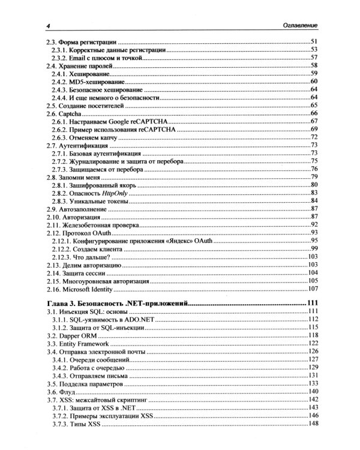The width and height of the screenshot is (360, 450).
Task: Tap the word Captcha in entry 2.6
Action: (x=72, y=113)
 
